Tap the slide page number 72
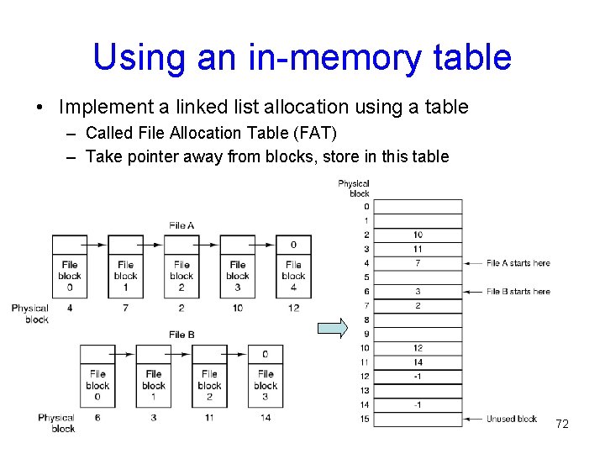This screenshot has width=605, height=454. click(x=562, y=424)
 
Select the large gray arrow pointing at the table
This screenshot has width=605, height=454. click(x=334, y=328)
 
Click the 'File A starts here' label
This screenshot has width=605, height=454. click(x=518, y=263)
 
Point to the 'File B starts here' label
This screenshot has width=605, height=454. click(x=518, y=291)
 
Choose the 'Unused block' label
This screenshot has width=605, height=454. click(x=512, y=419)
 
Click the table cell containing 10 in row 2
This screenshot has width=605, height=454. click(x=418, y=235)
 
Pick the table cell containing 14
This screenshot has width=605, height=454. click(x=418, y=362)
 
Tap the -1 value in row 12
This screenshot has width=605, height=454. click(x=418, y=376)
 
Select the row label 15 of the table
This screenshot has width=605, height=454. click(x=365, y=419)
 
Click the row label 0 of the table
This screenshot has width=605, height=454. click(x=366, y=206)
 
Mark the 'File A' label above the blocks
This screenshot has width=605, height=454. click(x=181, y=225)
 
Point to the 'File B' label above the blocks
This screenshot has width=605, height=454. click(x=181, y=335)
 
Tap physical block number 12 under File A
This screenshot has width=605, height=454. click(x=293, y=309)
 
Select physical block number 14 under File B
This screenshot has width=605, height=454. click(x=266, y=418)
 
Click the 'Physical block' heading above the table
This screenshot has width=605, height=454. click(x=353, y=188)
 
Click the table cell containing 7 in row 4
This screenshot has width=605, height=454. click(x=418, y=263)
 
